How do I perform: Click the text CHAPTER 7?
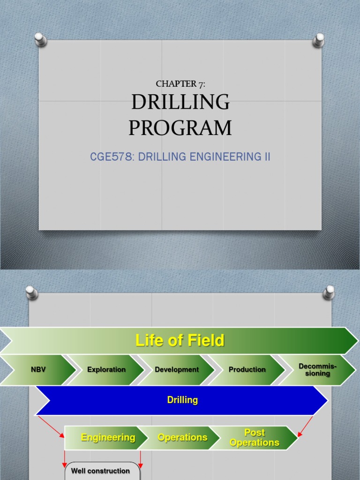[x=180, y=84]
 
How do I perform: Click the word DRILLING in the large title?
[x=180, y=102]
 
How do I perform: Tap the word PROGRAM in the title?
[x=180, y=128]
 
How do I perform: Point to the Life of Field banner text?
[x=180, y=340]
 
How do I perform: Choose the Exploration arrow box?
[x=106, y=369]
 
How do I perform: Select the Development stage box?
[x=177, y=369]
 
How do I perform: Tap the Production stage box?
[x=247, y=369]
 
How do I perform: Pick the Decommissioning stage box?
[x=317, y=370]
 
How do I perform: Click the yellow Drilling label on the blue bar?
[x=182, y=400]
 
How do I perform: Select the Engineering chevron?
[x=108, y=437]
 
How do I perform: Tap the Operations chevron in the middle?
[x=182, y=437]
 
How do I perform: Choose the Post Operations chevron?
[x=255, y=437]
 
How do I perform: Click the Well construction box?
[x=101, y=471]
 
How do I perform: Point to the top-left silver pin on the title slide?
[x=41, y=39]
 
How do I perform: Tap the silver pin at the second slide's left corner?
[x=31, y=292]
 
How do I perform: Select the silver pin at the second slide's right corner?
[x=329, y=292]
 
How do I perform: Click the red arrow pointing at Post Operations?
[x=306, y=425]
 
